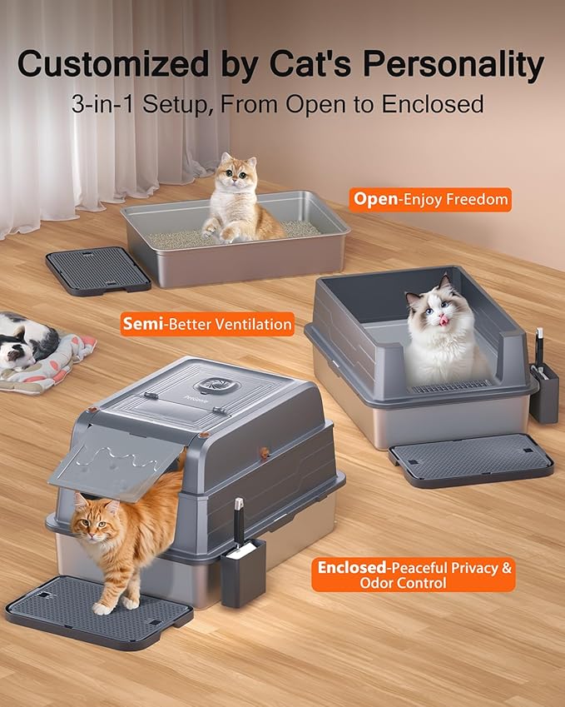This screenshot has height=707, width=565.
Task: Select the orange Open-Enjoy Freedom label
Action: coord(430,199)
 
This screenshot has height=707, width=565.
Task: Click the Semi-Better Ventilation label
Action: coord(207,324)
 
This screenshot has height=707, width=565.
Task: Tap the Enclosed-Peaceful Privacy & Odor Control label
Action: coord(413,575)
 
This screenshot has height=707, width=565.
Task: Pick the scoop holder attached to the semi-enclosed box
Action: coord(543,391)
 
